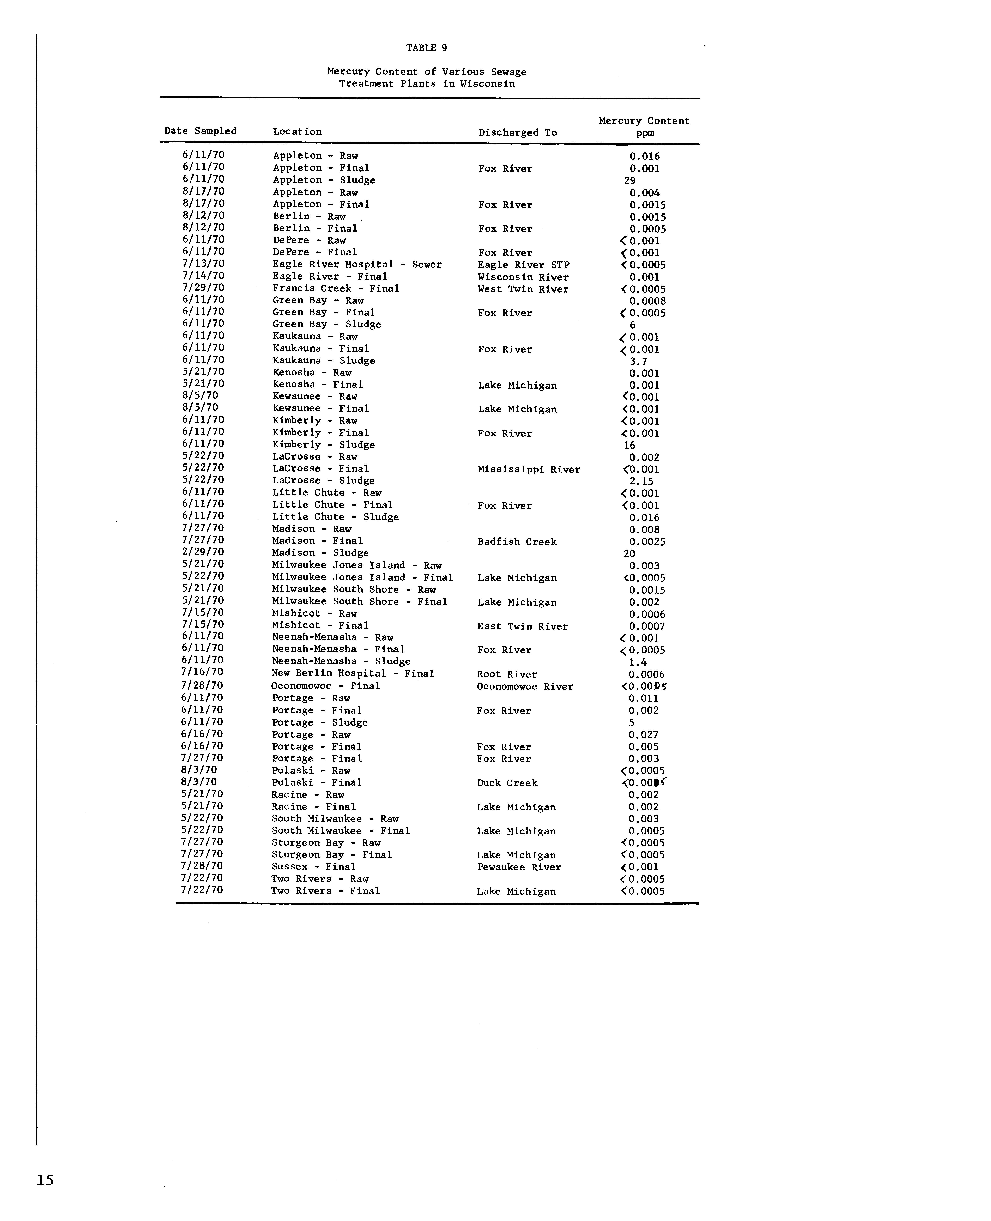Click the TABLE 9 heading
click(426, 48)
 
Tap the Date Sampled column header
click(200, 131)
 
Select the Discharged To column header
click(517, 132)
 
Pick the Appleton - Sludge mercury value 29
click(630, 180)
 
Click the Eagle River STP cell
click(523, 265)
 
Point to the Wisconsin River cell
click(523, 277)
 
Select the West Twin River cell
click(523, 289)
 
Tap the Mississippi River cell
click(529, 469)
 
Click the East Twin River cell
click(522, 626)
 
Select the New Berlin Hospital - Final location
click(353, 674)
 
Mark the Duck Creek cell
click(507, 783)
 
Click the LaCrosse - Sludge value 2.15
click(641, 481)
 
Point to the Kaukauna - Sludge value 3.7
click(638, 361)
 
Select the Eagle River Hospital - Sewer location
click(357, 264)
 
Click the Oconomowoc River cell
click(525, 686)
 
